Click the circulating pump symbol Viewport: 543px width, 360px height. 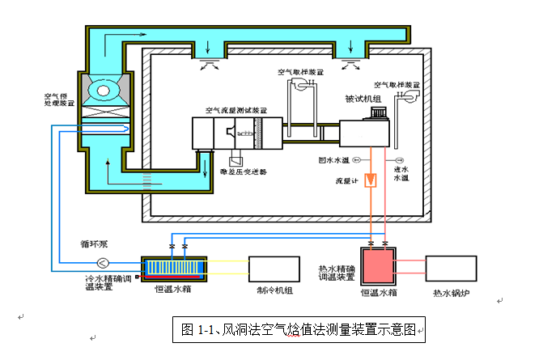tap(104, 262)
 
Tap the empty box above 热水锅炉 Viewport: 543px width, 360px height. tap(451, 269)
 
